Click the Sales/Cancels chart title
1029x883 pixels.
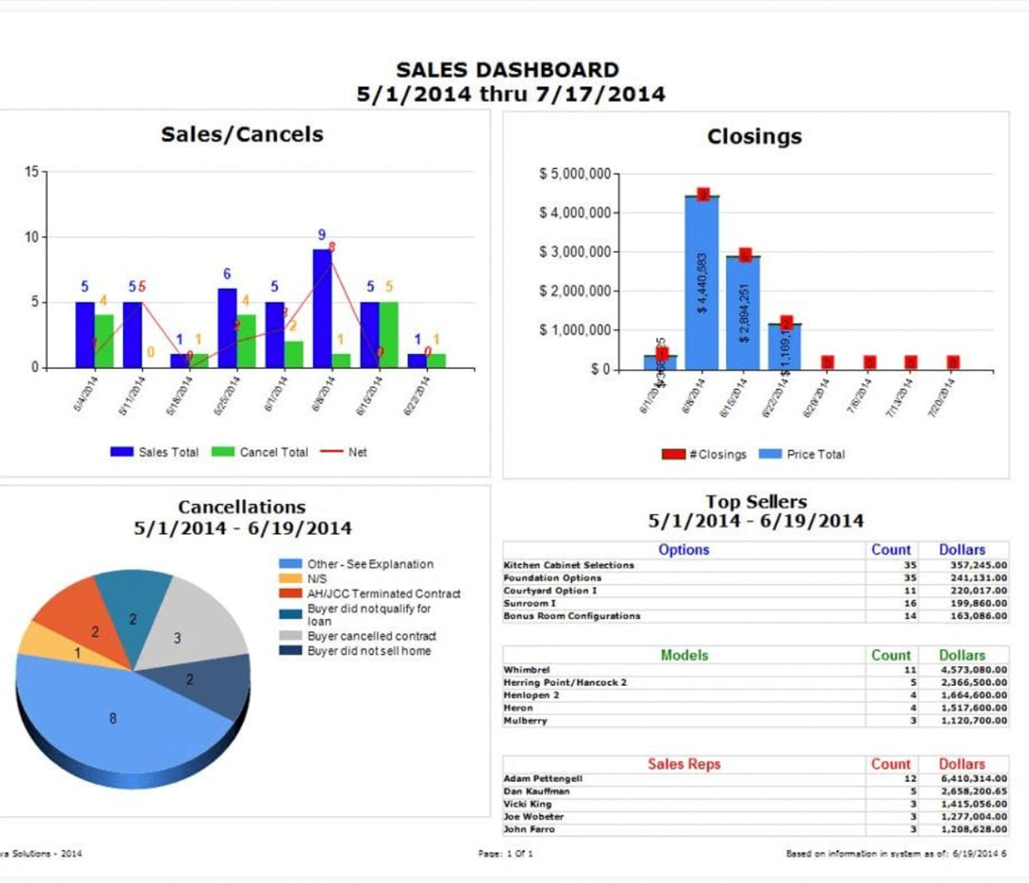tap(242, 135)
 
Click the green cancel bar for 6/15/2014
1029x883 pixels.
tap(388, 334)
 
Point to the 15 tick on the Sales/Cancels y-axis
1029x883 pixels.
tap(32, 171)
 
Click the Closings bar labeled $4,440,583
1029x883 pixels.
tap(701, 283)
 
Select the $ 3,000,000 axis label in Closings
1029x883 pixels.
tap(575, 252)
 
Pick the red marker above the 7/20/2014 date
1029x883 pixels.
tap(953, 363)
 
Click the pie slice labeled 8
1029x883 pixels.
tap(112, 718)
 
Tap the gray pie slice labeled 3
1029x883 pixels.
tap(184, 630)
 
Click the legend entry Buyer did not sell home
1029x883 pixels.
tap(369, 651)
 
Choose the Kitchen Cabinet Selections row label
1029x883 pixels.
tap(569, 566)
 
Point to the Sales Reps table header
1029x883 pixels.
tap(683, 764)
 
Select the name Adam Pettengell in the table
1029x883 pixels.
tap(543, 778)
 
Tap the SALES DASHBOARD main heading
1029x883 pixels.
tap(508, 70)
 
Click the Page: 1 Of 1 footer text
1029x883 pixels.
tap(505, 854)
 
